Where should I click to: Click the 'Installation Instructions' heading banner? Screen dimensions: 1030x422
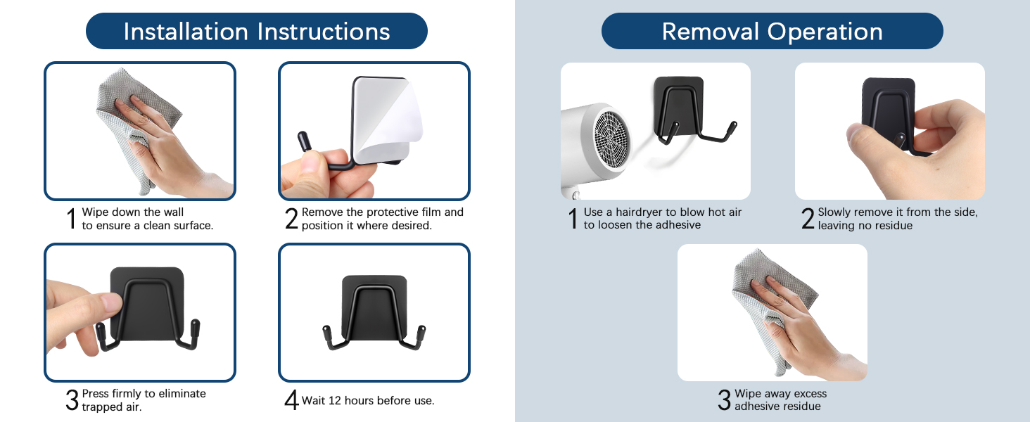(257, 31)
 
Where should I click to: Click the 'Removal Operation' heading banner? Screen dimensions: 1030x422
(772, 31)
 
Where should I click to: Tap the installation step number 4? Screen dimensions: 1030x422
(291, 400)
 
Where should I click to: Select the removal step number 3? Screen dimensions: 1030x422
(724, 400)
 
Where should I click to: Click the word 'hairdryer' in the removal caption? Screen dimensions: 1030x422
(639, 212)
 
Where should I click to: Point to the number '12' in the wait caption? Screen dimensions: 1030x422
(335, 400)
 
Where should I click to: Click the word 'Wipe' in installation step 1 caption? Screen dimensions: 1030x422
(95, 212)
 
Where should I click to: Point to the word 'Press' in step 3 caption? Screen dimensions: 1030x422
(95, 393)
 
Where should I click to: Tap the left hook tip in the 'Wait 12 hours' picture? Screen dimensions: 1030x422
(326, 331)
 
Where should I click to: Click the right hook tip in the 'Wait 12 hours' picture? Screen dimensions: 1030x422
(421, 331)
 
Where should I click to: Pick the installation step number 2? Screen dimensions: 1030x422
(292, 218)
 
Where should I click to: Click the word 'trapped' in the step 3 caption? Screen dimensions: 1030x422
(100, 407)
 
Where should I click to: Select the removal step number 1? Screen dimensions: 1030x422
(573, 218)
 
